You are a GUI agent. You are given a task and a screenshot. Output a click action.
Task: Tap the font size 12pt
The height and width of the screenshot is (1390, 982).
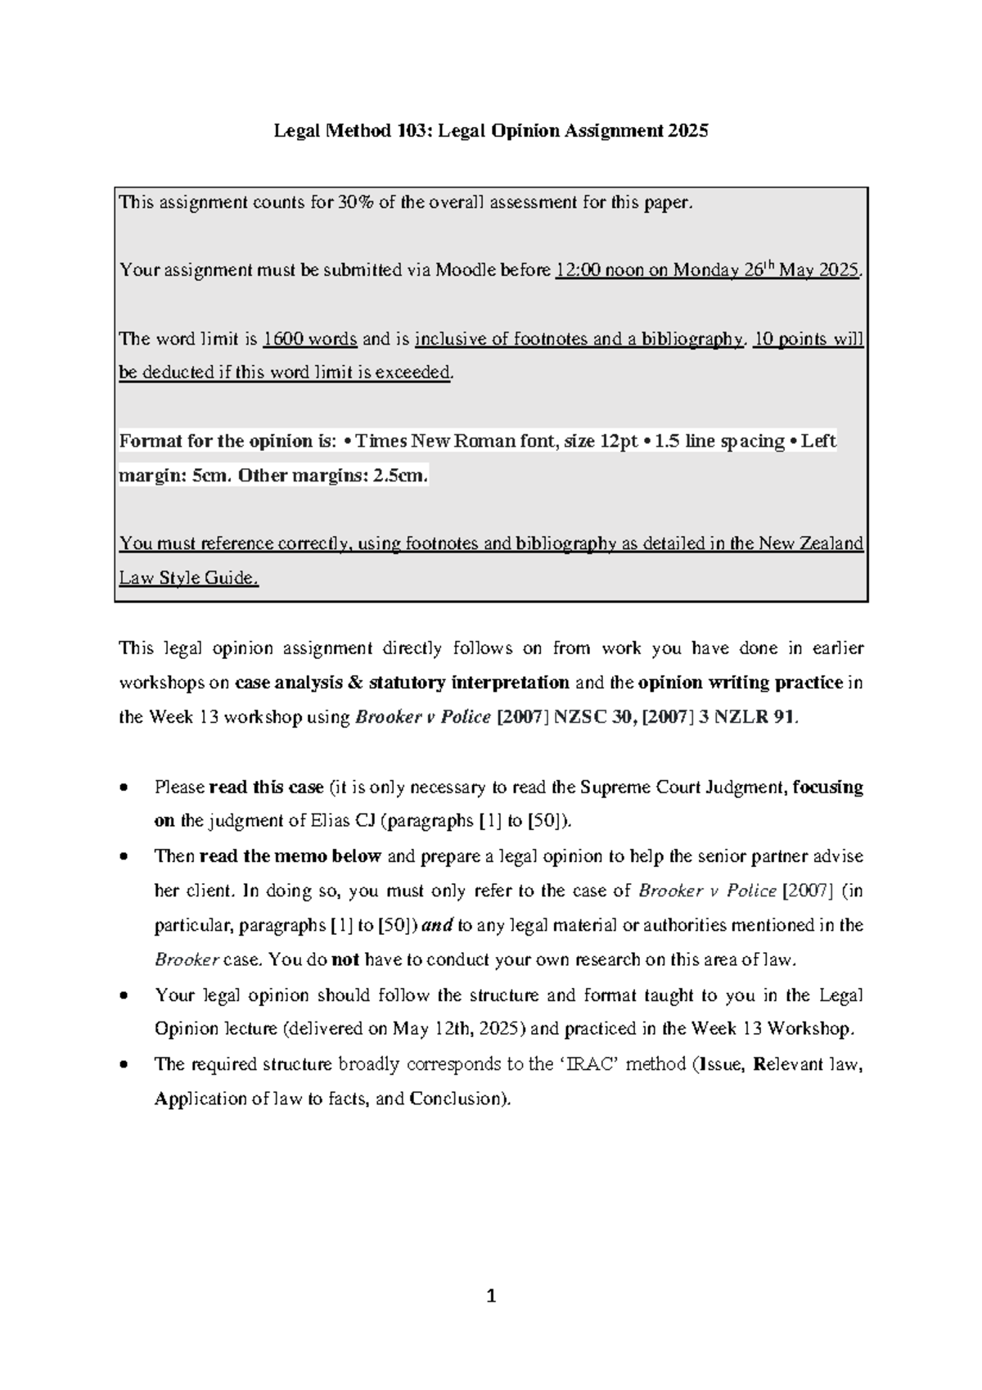coord(619,441)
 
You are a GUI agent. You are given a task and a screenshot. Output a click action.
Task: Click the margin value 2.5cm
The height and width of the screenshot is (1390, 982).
coord(399,476)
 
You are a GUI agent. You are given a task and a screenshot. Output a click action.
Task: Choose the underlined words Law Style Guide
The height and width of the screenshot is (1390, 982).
coord(189,578)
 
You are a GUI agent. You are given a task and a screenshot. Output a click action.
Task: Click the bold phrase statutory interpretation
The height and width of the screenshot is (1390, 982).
coord(469,683)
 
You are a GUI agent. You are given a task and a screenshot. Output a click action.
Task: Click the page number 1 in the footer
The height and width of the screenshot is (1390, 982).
coord(491,1296)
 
